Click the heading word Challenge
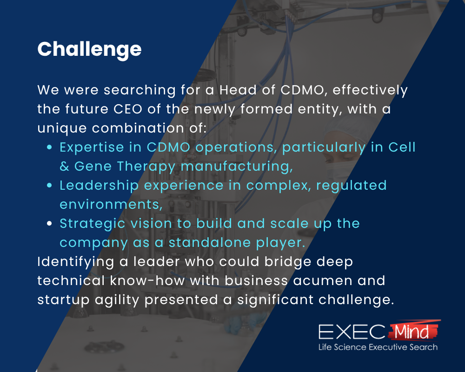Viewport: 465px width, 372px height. tap(89, 49)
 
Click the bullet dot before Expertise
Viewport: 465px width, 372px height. tap(50, 148)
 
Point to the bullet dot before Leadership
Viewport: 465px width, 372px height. tap(50, 186)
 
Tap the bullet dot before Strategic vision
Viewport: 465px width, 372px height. tap(50, 224)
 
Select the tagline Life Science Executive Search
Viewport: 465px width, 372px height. tap(378, 347)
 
